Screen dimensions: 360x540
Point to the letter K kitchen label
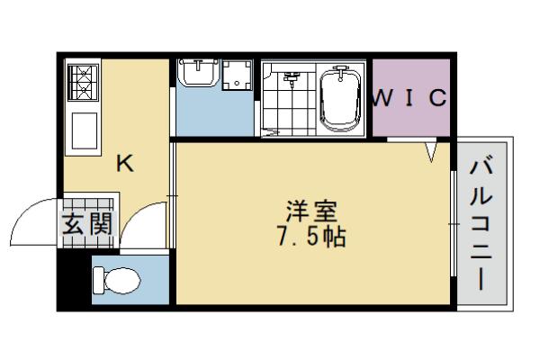(x=125, y=164)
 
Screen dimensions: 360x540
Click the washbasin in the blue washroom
(x=195, y=72)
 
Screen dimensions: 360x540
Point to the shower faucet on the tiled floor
(x=290, y=79)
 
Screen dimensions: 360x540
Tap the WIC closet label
(x=409, y=98)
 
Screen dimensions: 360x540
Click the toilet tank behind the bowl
(x=100, y=281)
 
